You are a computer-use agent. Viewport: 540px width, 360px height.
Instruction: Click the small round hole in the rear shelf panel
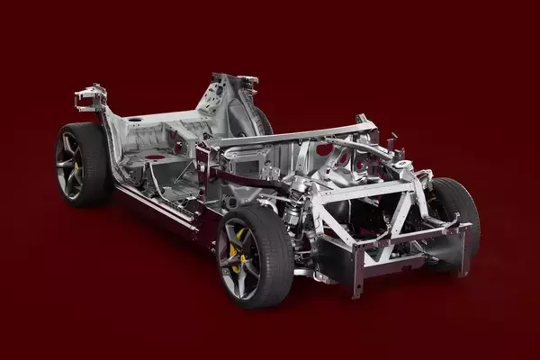(135, 120)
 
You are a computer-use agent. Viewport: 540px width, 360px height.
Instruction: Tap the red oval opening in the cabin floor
(155, 157)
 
